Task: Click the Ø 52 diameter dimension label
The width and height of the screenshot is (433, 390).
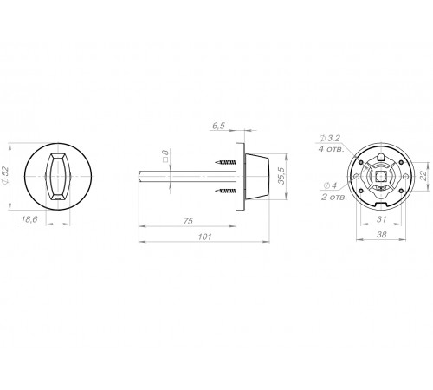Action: pyautogui.click(x=6, y=175)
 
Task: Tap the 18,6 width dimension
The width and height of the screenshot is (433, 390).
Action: pyautogui.click(x=29, y=219)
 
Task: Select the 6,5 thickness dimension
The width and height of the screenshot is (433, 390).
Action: pyautogui.click(x=218, y=126)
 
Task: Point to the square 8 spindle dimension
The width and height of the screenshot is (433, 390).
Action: pyautogui.click(x=165, y=156)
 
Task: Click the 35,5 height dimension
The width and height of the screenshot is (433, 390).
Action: pyautogui.click(x=281, y=176)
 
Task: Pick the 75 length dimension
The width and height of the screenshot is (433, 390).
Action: pyautogui.click(x=188, y=221)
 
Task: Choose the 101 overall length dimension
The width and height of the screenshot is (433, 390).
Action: pyautogui.click(x=205, y=237)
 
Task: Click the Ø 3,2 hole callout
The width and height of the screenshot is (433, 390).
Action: pyautogui.click(x=330, y=138)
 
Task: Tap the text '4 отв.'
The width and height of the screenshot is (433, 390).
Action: pyautogui.click(x=331, y=149)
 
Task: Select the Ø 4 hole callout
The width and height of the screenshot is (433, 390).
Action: pyautogui.click(x=330, y=185)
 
